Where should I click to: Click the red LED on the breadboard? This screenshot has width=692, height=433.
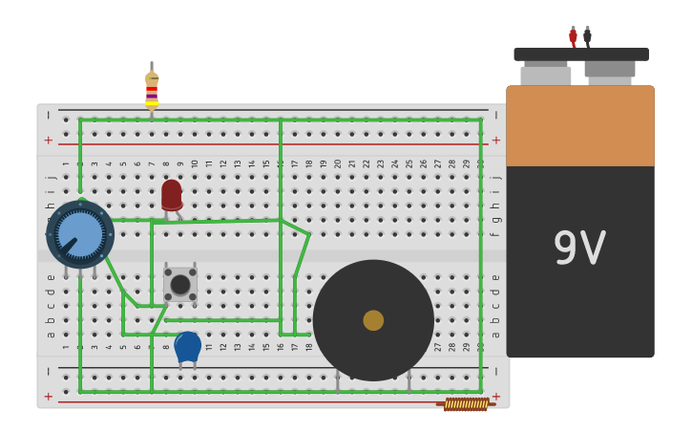coord(172,195)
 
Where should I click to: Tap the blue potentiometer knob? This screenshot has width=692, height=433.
coord(80,234)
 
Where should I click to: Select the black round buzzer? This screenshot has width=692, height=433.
coord(373,320)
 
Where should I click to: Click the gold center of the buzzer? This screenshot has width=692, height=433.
coord(373,320)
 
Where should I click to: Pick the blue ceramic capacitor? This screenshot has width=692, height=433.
coord(187,346)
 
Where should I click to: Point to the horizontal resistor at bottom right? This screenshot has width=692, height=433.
coord(466,404)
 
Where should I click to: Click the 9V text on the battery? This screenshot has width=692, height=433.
coord(579,249)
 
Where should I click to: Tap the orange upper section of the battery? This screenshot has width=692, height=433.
coord(580,125)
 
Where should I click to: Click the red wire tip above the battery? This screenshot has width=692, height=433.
coord(573,36)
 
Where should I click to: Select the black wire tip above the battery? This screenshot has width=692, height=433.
coord(587,36)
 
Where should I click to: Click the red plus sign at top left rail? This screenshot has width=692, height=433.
coord(48,140)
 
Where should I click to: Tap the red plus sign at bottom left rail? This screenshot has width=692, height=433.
coord(48,396)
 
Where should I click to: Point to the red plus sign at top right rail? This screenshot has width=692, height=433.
coord(495,140)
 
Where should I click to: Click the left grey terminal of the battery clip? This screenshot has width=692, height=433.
coord(546,74)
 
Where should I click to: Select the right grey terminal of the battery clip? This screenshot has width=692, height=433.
coord(610,69)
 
